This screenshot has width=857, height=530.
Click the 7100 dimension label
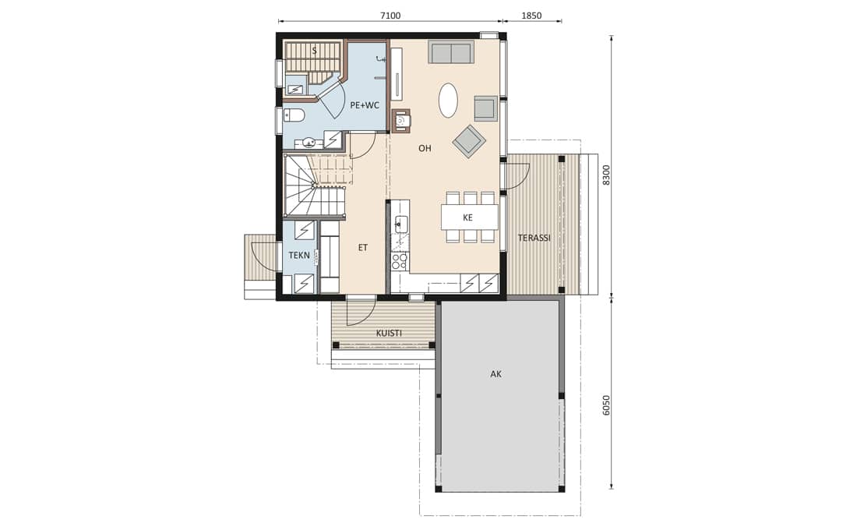pyautogui.click(x=390, y=16)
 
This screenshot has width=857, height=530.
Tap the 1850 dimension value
pyautogui.click(x=531, y=16)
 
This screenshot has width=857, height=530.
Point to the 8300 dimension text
pyautogui.click(x=605, y=175)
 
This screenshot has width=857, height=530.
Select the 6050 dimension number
pyautogui.click(x=605, y=406)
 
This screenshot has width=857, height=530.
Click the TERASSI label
pyautogui.click(x=534, y=238)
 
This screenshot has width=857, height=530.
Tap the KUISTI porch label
pyautogui.click(x=389, y=333)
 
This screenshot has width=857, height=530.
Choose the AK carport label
pyautogui.click(x=496, y=374)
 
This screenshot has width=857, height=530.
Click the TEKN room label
pyautogui.click(x=299, y=255)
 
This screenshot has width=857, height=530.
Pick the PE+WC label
pyautogui.click(x=365, y=105)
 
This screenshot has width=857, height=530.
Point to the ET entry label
pyautogui.click(x=363, y=248)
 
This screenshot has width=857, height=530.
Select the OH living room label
pyautogui.click(x=425, y=148)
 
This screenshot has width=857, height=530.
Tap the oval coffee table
pyautogui.click(x=449, y=100)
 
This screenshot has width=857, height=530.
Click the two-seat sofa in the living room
pyautogui.click(x=451, y=52)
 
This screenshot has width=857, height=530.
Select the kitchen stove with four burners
pyautogui.click(x=400, y=261)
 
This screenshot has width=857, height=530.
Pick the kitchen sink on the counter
pyautogui.click(x=402, y=224)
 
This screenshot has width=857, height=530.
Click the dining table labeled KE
pyautogui.click(x=470, y=217)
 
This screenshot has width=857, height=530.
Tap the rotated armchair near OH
pyautogui.click(x=469, y=142)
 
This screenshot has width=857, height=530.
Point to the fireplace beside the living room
pyautogui.click(x=401, y=121)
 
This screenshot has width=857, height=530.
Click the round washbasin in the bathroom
pyautogui.click(x=309, y=144)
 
